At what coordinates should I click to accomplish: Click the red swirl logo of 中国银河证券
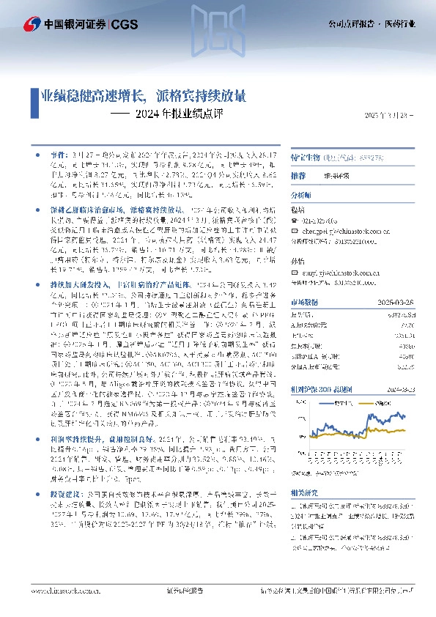coord(32,23)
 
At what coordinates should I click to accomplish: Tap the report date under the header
coord(388,115)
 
